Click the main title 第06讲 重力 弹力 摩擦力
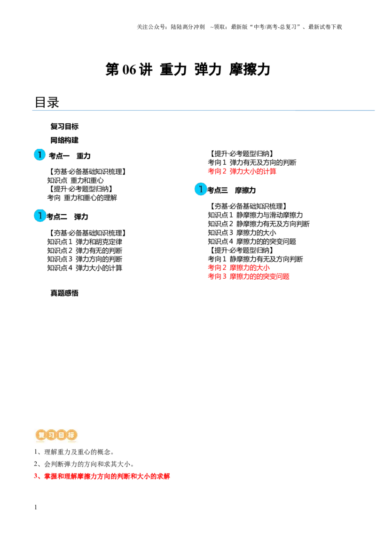[x=188, y=69]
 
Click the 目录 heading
[x=47, y=102]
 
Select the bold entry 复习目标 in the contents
[x=64, y=127]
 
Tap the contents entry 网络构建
[x=64, y=140]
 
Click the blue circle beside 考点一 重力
[x=39, y=154]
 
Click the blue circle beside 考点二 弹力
[x=39, y=216]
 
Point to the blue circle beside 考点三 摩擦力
[x=201, y=189]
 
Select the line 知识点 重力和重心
[x=75, y=180]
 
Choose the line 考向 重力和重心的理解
[x=82, y=197]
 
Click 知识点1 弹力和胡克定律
[x=85, y=242]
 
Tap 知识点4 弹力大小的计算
[x=85, y=268]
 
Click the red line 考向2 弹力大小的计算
[x=242, y=171]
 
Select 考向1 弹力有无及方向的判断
[x=252, y=162]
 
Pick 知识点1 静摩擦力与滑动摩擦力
[x=255, y=215]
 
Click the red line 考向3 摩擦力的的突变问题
[x=249, y=276]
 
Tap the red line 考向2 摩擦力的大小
[x=239, y=267]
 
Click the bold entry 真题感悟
[x=64, y=293]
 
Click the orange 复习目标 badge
[x=57, y=435]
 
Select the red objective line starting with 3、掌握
[x=102, y=476]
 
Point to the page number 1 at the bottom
[x=36, y=507]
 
